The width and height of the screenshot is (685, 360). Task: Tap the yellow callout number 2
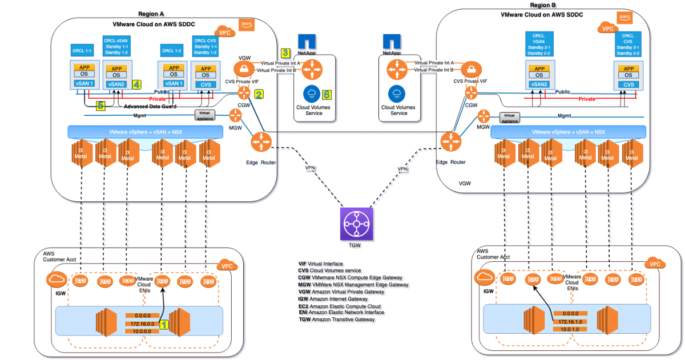[x=259, y=94]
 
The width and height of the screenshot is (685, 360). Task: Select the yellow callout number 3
[x=285, y=53]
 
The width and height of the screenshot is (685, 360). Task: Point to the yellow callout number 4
[x=136, y=84]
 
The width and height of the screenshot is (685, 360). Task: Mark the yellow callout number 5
[x=100, y=105]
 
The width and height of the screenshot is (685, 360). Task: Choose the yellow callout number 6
[x=327, y=94]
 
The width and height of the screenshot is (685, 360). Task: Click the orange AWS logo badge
[x=247, y=24]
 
